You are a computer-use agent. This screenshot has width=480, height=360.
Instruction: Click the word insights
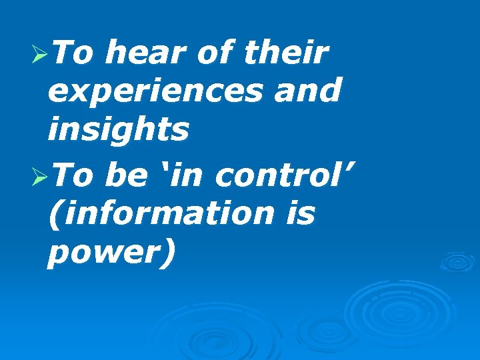(118, 129)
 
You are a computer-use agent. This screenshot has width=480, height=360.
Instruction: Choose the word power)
(112, 253)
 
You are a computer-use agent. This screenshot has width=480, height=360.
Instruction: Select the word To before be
(73, 176)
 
